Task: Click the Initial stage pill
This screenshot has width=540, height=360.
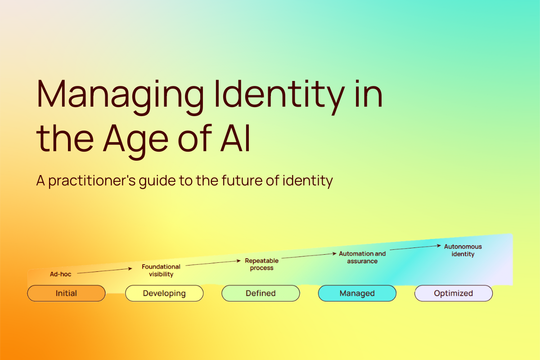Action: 66,293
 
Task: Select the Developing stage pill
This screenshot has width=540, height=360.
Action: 164,293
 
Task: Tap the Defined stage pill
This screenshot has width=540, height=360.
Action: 261,293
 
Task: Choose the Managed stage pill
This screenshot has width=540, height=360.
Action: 357,293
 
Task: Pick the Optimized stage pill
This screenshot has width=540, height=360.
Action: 453,293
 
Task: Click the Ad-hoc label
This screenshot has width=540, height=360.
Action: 60,274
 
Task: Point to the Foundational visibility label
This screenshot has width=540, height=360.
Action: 161,270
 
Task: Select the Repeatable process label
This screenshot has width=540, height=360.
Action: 261,264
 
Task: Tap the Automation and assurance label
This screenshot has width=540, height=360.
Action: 362,257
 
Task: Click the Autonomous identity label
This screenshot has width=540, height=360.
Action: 463,250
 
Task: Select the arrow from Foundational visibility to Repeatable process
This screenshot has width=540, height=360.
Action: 213,263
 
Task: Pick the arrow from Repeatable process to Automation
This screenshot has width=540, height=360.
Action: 309,256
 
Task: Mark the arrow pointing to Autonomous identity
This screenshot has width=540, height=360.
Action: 415,247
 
